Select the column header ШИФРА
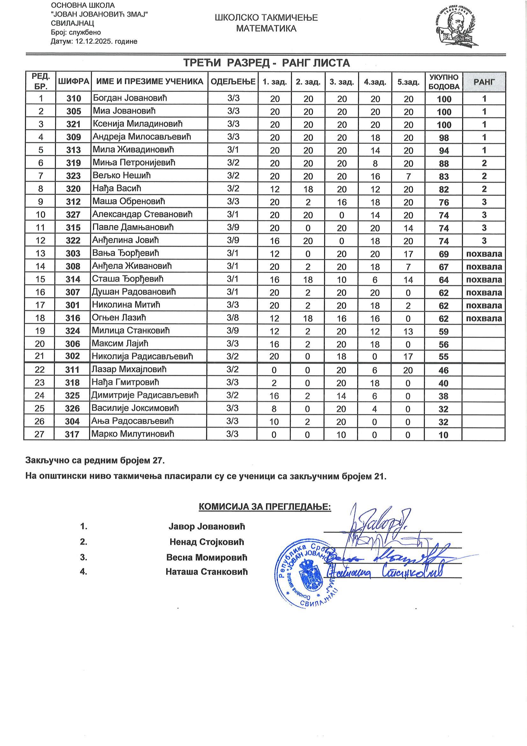pos(73,81)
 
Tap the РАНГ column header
pos(484,81)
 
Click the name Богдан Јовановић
pos(130,98)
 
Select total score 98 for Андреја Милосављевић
pos(444,138)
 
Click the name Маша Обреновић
pos(128,201)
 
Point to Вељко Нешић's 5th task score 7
pos(408,176)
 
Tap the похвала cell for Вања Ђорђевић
pos(484,254)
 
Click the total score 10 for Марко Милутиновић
pos(443,435)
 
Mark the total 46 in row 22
pos(443,370)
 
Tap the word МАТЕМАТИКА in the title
pos(266,29)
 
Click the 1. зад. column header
pos(274,82)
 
